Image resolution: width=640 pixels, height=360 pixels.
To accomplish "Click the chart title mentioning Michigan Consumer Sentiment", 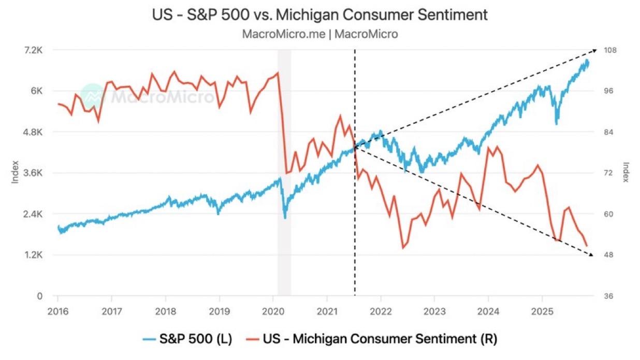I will tap(319, 15).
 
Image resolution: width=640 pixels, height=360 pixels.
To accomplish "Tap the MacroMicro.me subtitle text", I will tap(319, 34).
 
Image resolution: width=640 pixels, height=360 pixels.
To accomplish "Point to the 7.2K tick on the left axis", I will tap(33, 50).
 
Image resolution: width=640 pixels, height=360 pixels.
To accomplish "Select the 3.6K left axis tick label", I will tap(33, 173).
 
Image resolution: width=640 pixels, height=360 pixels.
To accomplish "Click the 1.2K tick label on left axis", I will tap(33, 255).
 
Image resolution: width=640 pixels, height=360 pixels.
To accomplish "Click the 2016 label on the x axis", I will tap(57, 311).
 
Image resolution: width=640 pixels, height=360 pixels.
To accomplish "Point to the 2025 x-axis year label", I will tap(542, 311).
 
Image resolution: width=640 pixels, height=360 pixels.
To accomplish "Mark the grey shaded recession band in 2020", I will tap(284, 171).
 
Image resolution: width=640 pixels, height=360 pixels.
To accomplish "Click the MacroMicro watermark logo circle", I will tap(93, 96).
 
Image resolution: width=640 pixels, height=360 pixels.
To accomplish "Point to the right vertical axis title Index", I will tap(626, 172).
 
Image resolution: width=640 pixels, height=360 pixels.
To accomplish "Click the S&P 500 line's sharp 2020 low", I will tap(285, 218).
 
